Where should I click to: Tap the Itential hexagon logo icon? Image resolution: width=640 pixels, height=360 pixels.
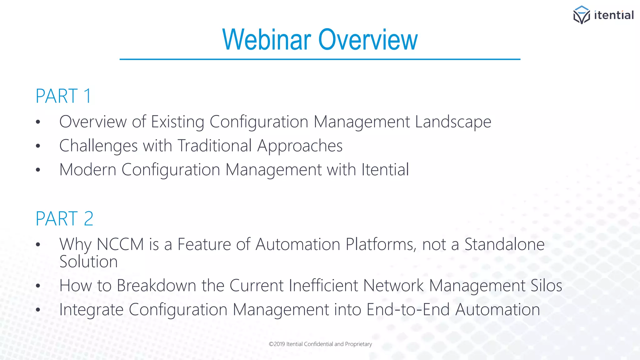tap(581, 15)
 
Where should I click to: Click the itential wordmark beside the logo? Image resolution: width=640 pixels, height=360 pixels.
tap(614, 15)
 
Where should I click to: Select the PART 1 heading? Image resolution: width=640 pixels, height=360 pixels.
tap(63, 96)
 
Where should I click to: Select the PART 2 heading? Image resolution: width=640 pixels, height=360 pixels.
tap(64, 218)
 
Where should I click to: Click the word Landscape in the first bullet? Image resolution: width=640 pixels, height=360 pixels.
tap(453, 122)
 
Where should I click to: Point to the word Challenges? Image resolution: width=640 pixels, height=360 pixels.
tap(98, 146)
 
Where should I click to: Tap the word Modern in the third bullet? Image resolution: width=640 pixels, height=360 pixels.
tap(88, 170)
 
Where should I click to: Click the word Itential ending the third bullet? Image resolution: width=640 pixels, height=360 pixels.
tap(385, 170)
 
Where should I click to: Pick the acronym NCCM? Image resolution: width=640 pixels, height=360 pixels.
tap(120, 244)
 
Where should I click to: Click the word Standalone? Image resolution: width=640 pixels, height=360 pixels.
tap(504, 244)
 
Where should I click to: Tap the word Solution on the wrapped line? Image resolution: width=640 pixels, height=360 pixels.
tap(88, 262)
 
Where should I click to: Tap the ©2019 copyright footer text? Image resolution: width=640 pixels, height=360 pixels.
tap(320, 344)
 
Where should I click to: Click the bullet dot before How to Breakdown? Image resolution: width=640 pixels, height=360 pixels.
tap(38, 286)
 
